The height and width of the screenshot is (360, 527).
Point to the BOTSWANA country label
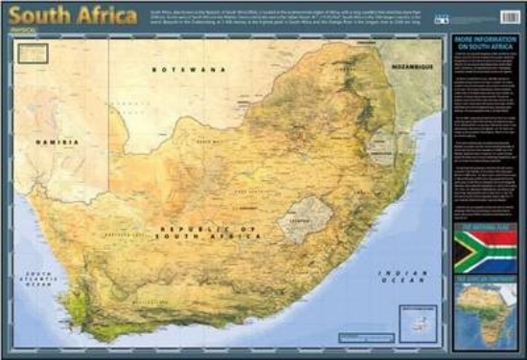(x=192, y=69)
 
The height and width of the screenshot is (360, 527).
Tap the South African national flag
(x=485, y=252)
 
